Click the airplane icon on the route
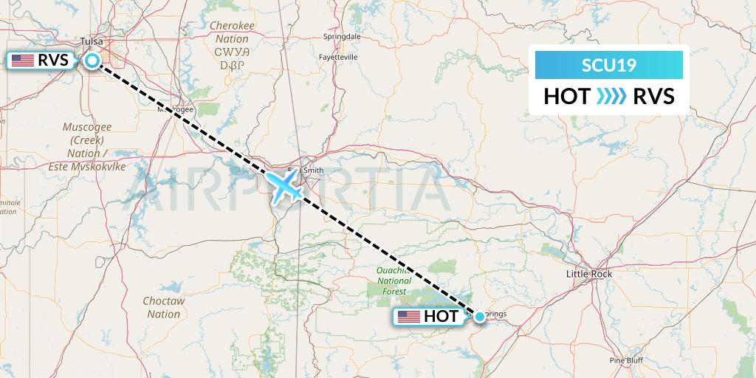click(x=285, y=185)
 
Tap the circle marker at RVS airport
click(x=92, y=61)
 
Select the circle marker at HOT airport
click(x=480, y=317)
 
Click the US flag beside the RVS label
click(x=23, y=61)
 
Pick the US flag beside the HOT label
click(x=408, y=317)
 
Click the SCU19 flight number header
click(x=609, y=66)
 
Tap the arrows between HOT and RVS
click(x=610, y=96)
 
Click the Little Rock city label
click(x=588, y=274)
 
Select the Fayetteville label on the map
click(x=338, y=57)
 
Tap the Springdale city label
click(x=342, y=35)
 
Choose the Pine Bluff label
click(x=626, y=360)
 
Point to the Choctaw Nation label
click(x=164, y=307)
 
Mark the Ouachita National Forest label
click(x=394, y=281)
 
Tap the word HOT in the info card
click(x=566, y=96)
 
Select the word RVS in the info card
click(x=653, y=96)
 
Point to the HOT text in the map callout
click(x=441, y=317)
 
